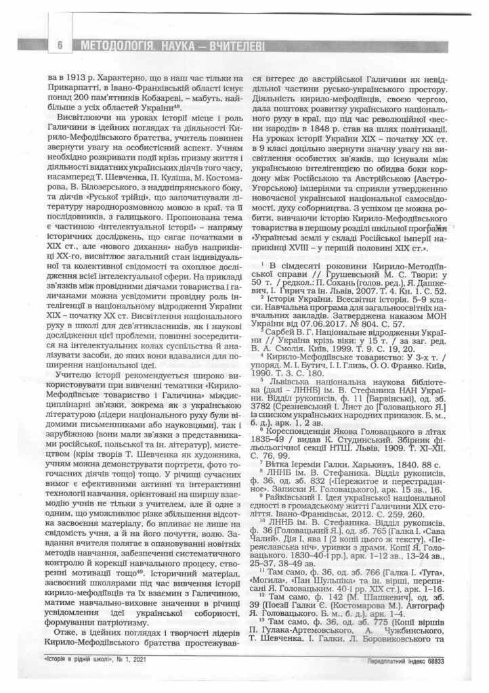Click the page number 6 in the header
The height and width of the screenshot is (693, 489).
click(x=62, y=46)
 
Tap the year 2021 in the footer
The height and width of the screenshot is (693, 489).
click(x=140, y=660)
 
